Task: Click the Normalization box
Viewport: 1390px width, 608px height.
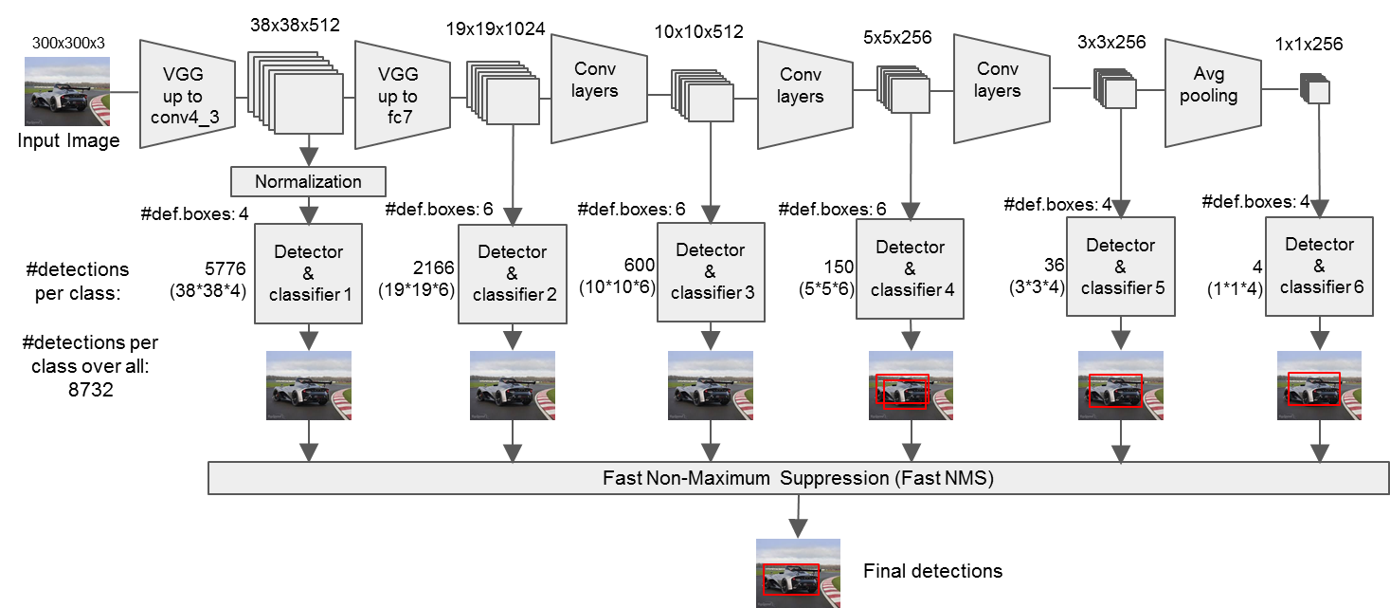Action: click(308, 181)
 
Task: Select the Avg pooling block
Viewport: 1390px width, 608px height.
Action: click(1212, 92)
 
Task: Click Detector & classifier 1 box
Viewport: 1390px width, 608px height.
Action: click(308, 273)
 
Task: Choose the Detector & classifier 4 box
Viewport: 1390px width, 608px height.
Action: click(910, 269)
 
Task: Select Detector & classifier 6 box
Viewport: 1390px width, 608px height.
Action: click(1319, 265)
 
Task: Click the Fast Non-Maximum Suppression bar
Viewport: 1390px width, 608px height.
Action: click(798, 479)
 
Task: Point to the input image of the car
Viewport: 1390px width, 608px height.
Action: click(66, 91)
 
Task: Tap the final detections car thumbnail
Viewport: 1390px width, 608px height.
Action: click(798, 573)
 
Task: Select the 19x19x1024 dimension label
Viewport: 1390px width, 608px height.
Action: click(496, 28)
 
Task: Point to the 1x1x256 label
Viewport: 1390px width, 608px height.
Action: click(1309, 44)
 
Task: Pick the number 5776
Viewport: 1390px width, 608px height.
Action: click(226, 268)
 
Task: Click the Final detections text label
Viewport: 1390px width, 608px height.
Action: click(932, 571)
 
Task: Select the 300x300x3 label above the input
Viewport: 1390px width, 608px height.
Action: click(68, 44)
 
